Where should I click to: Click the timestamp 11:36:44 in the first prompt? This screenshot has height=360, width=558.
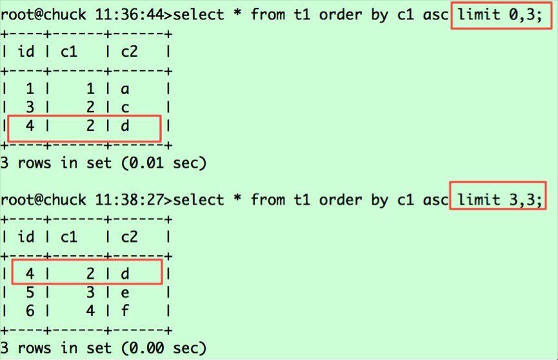(130, 15)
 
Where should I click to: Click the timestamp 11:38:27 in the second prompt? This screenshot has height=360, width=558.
(130, 200)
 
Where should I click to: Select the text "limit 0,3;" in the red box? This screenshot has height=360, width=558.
(500, 15)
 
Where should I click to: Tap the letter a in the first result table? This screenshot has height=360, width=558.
(125, 89)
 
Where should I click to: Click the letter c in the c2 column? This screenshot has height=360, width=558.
(125, 108)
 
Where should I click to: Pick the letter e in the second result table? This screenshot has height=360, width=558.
(125, 293)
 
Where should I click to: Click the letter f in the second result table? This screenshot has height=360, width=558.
(125, 310)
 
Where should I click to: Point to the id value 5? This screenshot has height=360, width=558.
(30, 293)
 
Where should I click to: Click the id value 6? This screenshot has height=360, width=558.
(30, 311)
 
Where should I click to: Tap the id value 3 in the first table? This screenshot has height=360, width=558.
(30, 107)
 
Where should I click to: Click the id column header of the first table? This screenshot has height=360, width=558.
(26, 52)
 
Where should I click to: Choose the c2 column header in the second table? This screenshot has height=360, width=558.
(129, 237)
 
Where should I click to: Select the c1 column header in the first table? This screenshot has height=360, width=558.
(68, 52)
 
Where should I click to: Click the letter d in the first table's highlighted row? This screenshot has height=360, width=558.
(125, 126)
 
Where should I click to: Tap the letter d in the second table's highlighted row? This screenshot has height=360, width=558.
(125, 274)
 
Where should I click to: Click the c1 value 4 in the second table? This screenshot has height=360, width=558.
(90, 311)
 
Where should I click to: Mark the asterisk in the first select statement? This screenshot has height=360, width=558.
(237, 14)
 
